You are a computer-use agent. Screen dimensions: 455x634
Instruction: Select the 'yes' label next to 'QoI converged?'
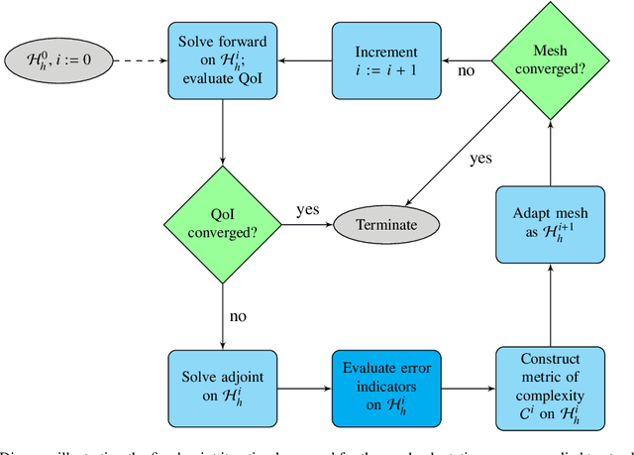tap(307, 210)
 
